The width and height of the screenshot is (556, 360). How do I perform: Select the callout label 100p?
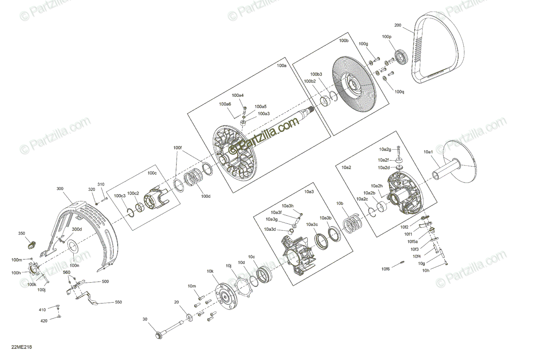tap(386, 37)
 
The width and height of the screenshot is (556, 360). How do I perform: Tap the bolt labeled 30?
tap(174, 330)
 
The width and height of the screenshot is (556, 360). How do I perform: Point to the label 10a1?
tap(428, 152)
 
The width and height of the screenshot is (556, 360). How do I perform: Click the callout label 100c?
tap(152, 173)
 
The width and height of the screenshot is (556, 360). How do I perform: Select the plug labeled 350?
tap(32, 242)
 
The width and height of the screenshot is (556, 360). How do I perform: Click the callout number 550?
tap(118, 302)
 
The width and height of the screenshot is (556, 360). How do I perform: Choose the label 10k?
tap(210, 271)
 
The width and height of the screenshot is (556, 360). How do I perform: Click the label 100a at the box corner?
tap(281, 66)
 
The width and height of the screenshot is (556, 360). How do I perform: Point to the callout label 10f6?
tap(385, 269)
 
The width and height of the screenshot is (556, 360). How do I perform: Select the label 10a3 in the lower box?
tap(309, 191)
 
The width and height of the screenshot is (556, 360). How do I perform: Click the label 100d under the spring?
tap(206, 196)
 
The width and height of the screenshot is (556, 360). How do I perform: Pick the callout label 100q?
tap(399, 92)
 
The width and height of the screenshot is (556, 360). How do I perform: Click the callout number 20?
tap(176, 302)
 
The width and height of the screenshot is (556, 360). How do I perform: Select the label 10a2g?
tap(385, 149)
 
